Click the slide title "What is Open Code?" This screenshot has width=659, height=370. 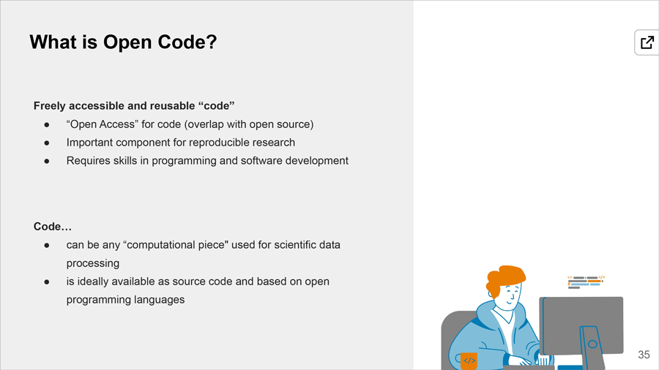click(x=123, y=42)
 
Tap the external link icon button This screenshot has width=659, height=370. click(x=647, y=42)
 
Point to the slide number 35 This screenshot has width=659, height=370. click(x=644, y=355)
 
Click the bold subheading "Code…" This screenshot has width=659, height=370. click(x=53, y=227)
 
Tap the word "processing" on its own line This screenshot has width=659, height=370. click(x=93, y=263)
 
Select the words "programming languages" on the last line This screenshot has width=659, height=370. click(x=125, y=300)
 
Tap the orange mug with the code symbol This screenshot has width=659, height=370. click(x=468, y=360)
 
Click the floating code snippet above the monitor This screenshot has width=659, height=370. click(x=586, y=282)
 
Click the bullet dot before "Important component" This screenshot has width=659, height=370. click(x=47, y=143)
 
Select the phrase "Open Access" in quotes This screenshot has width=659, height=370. click(x=102, y=124)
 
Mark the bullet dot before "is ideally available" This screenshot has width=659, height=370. click(x=47, y=282)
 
